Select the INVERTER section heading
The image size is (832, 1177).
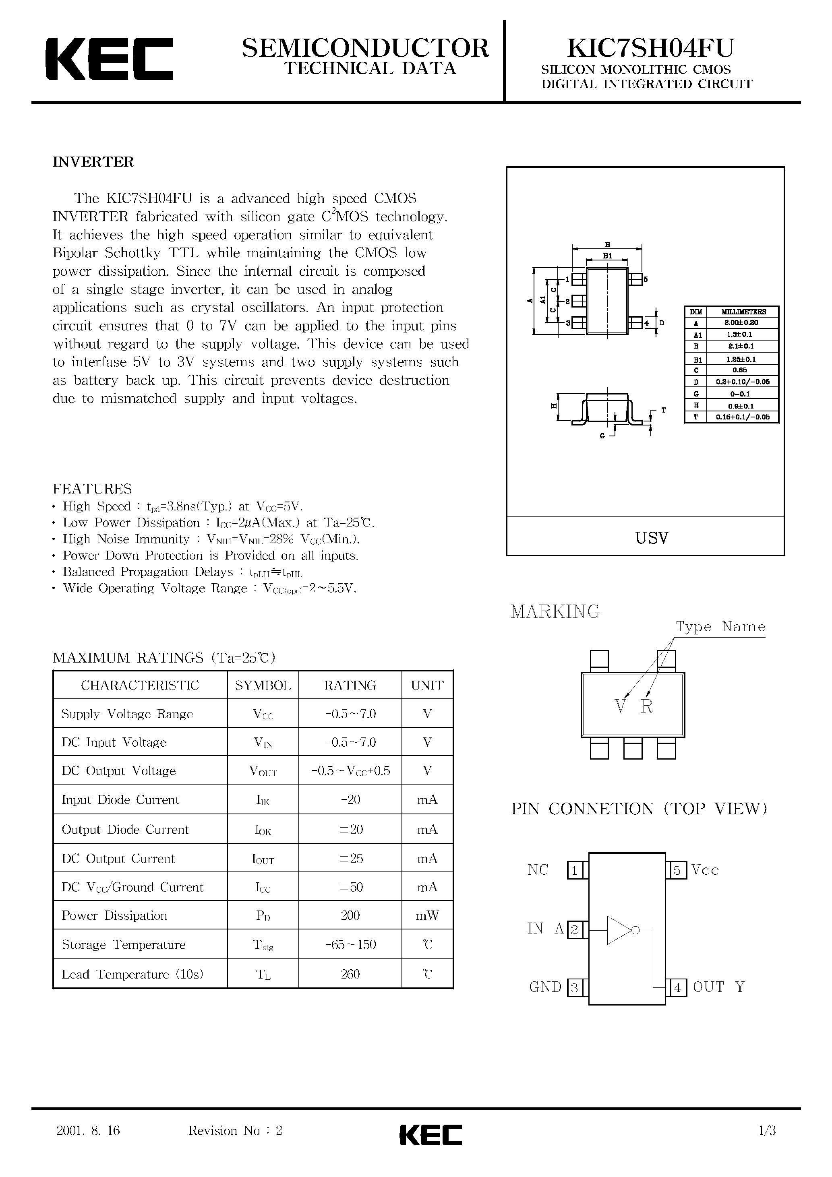[93, 162]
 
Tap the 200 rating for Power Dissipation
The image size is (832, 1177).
[350, 916]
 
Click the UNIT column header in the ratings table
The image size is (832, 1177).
[427, 686]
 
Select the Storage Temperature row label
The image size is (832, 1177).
[123, 945]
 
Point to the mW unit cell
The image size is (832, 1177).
[427, 916]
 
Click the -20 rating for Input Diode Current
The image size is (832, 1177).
[350, 800]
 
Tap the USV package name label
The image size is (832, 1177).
[652, 538]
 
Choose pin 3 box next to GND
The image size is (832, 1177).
[575, 988]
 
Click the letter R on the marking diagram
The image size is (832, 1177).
[646, 706]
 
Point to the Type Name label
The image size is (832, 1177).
[720, 626]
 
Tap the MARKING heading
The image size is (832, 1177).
[555, 611]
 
